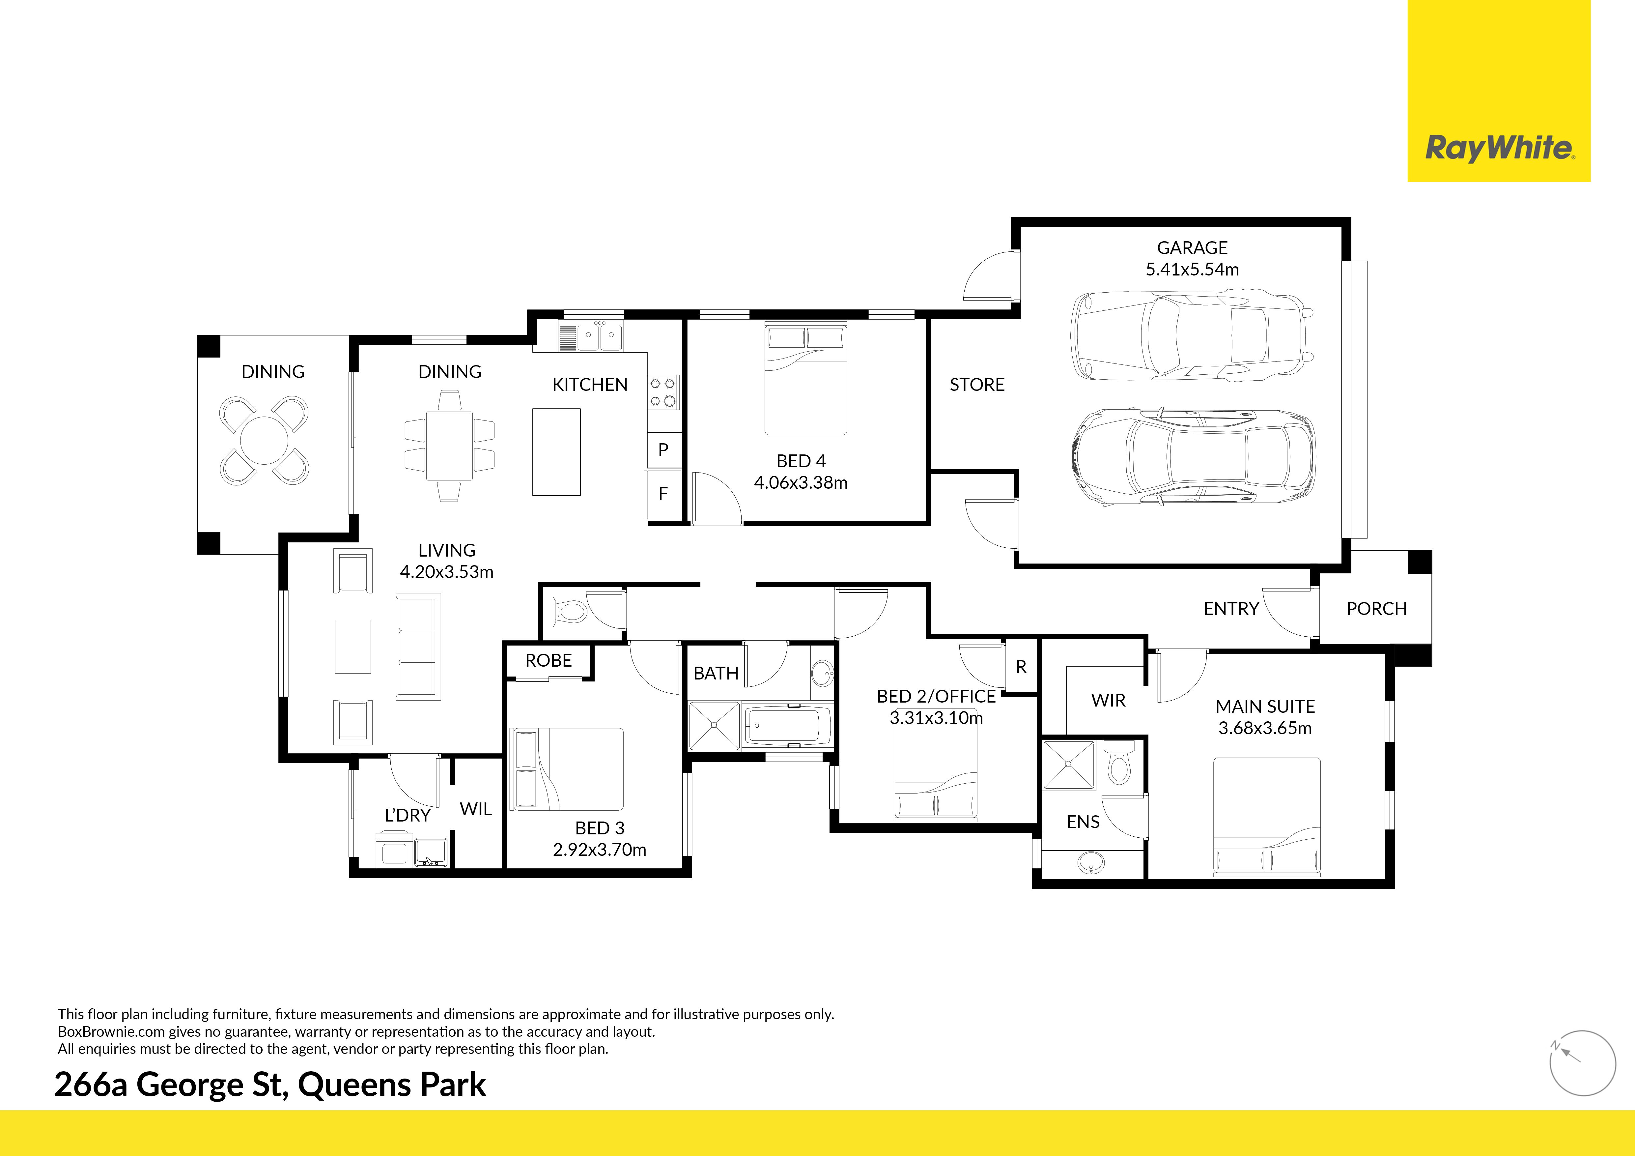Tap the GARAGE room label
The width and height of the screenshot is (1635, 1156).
[x=1192, y=248]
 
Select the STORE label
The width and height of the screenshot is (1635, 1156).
[x=977, y=385]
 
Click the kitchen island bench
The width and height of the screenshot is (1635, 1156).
[x=556, y=451]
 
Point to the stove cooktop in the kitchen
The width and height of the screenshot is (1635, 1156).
[x=663, y=392]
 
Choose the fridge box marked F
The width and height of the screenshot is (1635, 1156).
[x=663, y=494]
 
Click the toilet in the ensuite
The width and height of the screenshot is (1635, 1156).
[x=1119, y=763]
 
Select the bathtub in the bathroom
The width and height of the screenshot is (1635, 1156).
[x=787, y=727]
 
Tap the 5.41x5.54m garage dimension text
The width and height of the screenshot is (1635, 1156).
[x=1192, y=269]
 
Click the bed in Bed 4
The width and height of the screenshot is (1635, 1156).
[x=805, y=379]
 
